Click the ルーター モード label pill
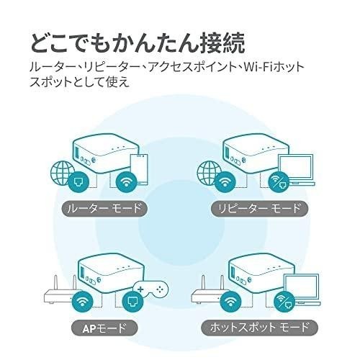coord(104,208)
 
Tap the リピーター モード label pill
coord(259,208)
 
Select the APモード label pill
coord(104,328)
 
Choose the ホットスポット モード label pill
coord(259,328)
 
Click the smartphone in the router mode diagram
coord(139,169)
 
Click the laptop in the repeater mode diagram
coord(297,170)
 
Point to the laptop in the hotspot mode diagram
coord(302,290)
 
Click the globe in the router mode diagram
coord(61,172)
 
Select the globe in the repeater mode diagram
coord(208,172)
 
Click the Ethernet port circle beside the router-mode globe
coord(78,181)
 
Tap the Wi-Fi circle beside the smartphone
coord(126,181)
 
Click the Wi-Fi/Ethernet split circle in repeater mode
coord(279,181)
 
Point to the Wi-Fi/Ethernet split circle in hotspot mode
coord(284,302)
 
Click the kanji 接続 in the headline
coord(222,43)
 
